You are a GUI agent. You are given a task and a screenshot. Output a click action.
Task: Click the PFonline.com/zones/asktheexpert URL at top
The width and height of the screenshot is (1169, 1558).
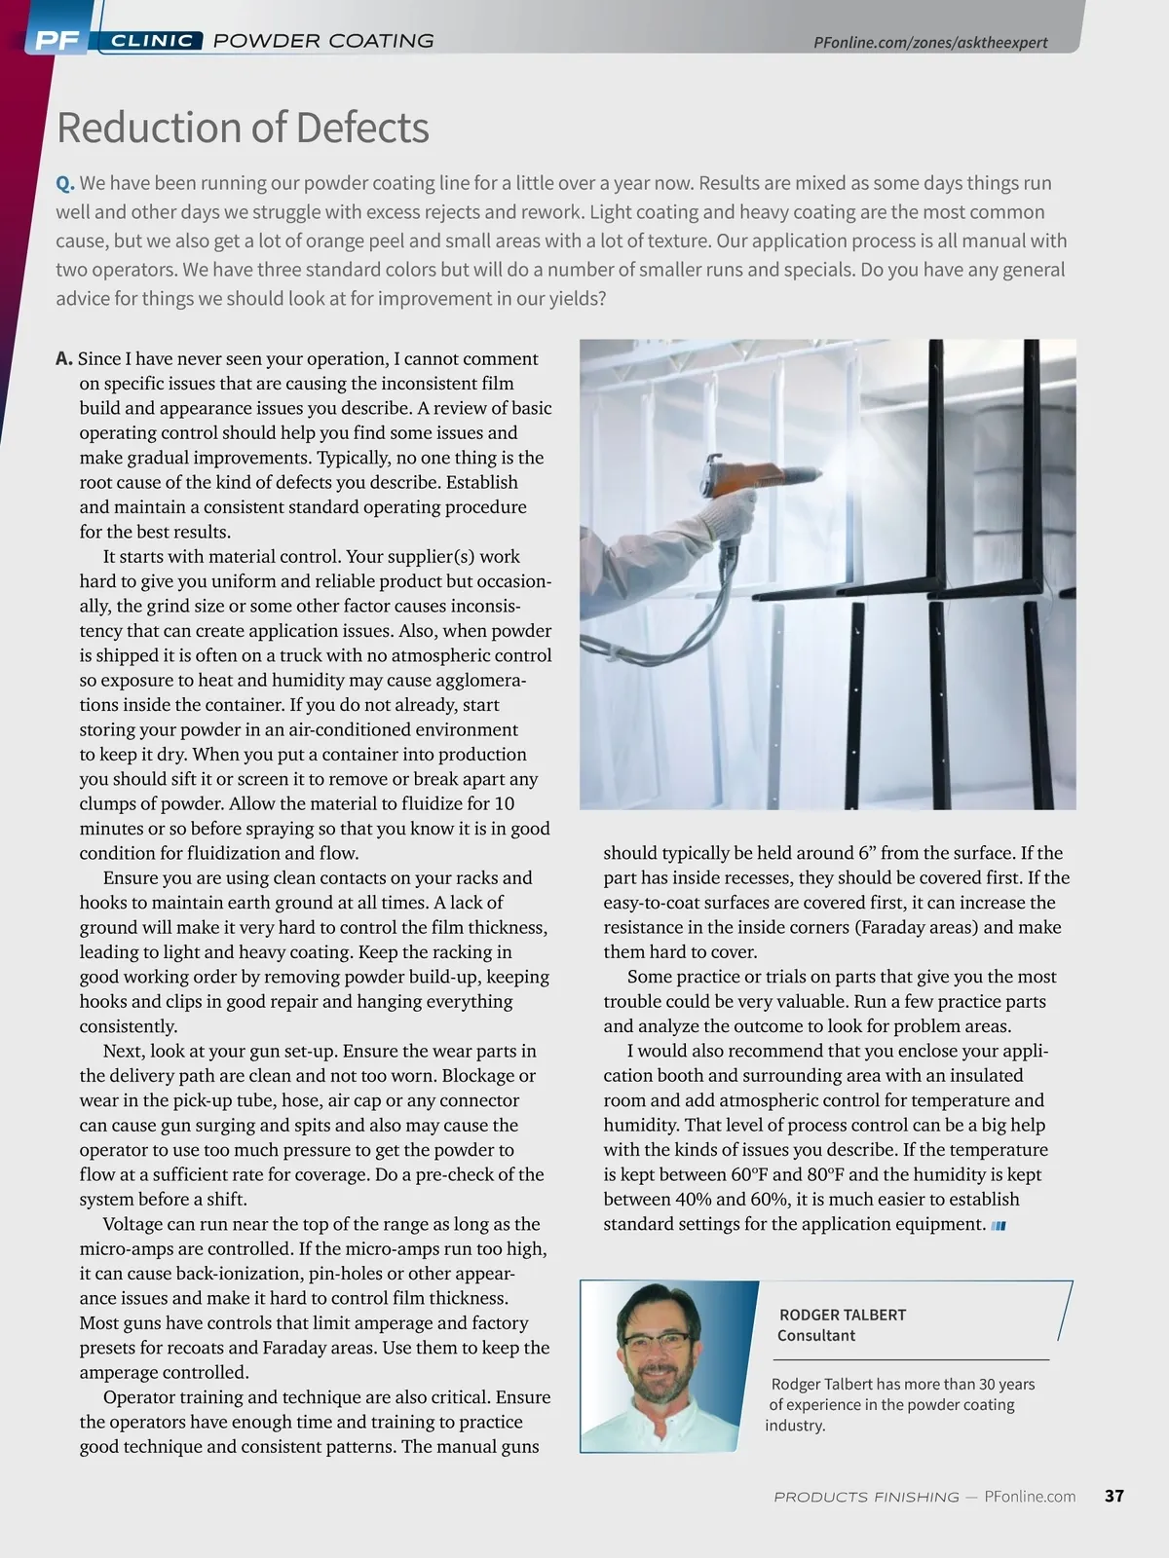[930, 42]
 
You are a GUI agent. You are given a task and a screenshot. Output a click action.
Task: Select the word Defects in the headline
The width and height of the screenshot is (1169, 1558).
[361, 128]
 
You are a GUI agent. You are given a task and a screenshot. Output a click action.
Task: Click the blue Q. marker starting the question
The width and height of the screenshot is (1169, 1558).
[65, 183]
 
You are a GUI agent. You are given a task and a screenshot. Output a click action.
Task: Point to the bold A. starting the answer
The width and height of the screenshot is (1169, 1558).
[64, 359]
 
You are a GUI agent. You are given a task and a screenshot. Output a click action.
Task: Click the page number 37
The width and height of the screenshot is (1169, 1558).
[1114, 1496]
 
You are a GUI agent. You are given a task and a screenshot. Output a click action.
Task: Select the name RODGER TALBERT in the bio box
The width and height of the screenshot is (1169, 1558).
[842, 1315]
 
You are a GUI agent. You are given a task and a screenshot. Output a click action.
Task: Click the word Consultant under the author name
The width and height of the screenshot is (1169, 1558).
[816, 1336]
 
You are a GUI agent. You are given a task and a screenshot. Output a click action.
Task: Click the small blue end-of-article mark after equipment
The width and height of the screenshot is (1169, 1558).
[999, 1226]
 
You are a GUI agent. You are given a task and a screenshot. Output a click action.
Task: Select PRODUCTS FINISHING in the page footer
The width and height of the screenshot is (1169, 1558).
[865, 1497]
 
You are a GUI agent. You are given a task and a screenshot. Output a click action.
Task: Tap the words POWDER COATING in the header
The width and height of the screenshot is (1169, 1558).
[323, 41]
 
